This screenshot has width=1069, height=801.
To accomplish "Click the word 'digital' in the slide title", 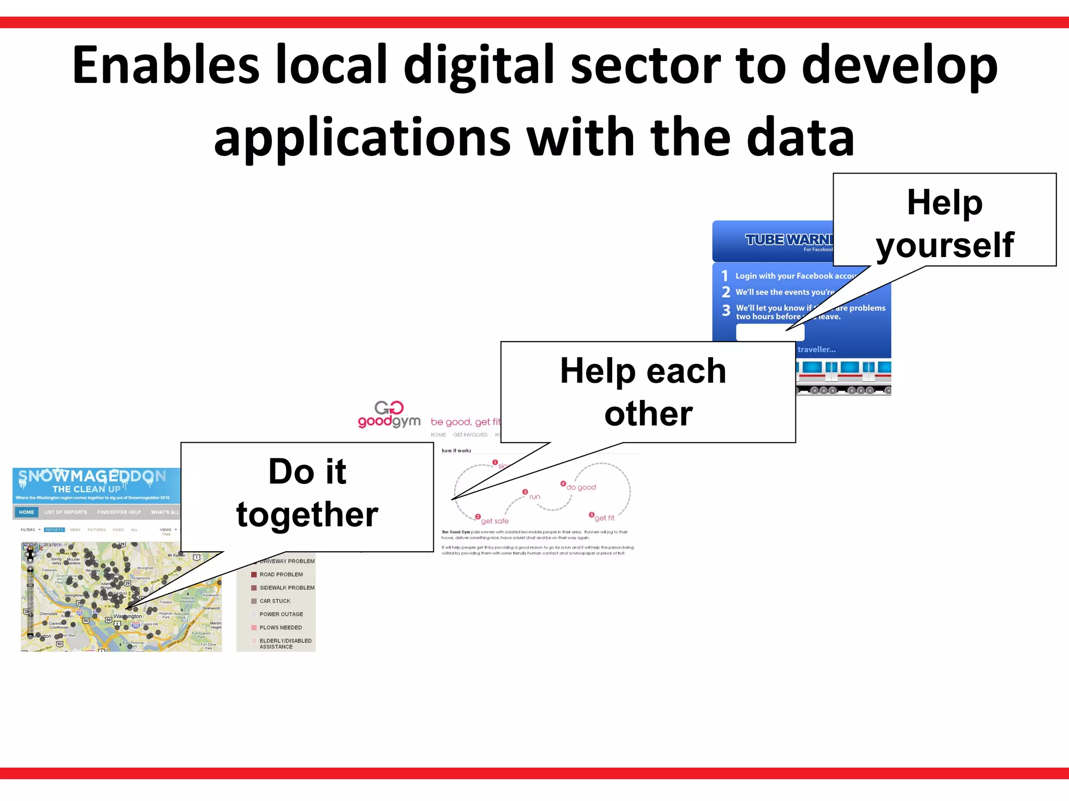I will (479, 65).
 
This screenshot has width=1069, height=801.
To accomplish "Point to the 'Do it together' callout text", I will (307, 493).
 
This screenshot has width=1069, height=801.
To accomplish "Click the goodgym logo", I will (389, 415).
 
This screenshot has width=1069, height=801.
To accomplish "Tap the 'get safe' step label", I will (494, 521).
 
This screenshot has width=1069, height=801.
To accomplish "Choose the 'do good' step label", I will (581, 487).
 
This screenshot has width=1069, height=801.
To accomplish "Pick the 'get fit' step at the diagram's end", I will (604, 518).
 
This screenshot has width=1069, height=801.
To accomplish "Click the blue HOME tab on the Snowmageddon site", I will (26, 512).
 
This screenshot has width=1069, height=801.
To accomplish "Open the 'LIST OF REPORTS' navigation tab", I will (66, 512).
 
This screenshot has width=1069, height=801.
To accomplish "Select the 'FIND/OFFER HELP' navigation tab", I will (119, 512).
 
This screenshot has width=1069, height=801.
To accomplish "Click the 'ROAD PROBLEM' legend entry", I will (281, 575).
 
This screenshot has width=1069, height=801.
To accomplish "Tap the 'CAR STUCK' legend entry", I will (275, 601).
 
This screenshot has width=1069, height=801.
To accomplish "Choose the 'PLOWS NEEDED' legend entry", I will (280, 628).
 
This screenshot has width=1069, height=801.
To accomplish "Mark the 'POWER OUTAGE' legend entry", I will (281, 614).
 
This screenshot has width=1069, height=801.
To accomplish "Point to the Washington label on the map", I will (127, 616).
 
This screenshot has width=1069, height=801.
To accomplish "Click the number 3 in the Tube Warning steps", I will (726, 311).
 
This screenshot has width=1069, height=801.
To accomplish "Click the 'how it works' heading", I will (456, 451).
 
